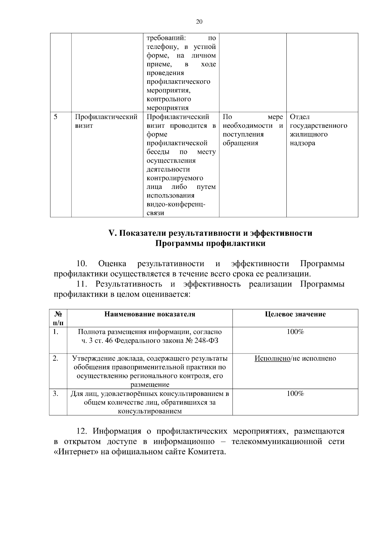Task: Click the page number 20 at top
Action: point(199,22)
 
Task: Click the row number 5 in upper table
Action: point(55,117)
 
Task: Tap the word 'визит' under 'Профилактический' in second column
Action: point(84,126)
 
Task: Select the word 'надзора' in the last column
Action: point(302,143)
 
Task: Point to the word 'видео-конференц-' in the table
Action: point(176,205)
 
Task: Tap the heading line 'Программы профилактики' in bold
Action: point(210,244)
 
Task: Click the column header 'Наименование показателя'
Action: point(150,314)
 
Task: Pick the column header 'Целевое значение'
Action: point(295,314)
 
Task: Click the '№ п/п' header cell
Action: point(58,318)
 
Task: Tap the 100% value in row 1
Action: point(295,332)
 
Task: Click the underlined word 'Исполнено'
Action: point(272,358)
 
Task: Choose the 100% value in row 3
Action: point(295,394)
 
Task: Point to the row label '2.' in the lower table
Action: point(55,358)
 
